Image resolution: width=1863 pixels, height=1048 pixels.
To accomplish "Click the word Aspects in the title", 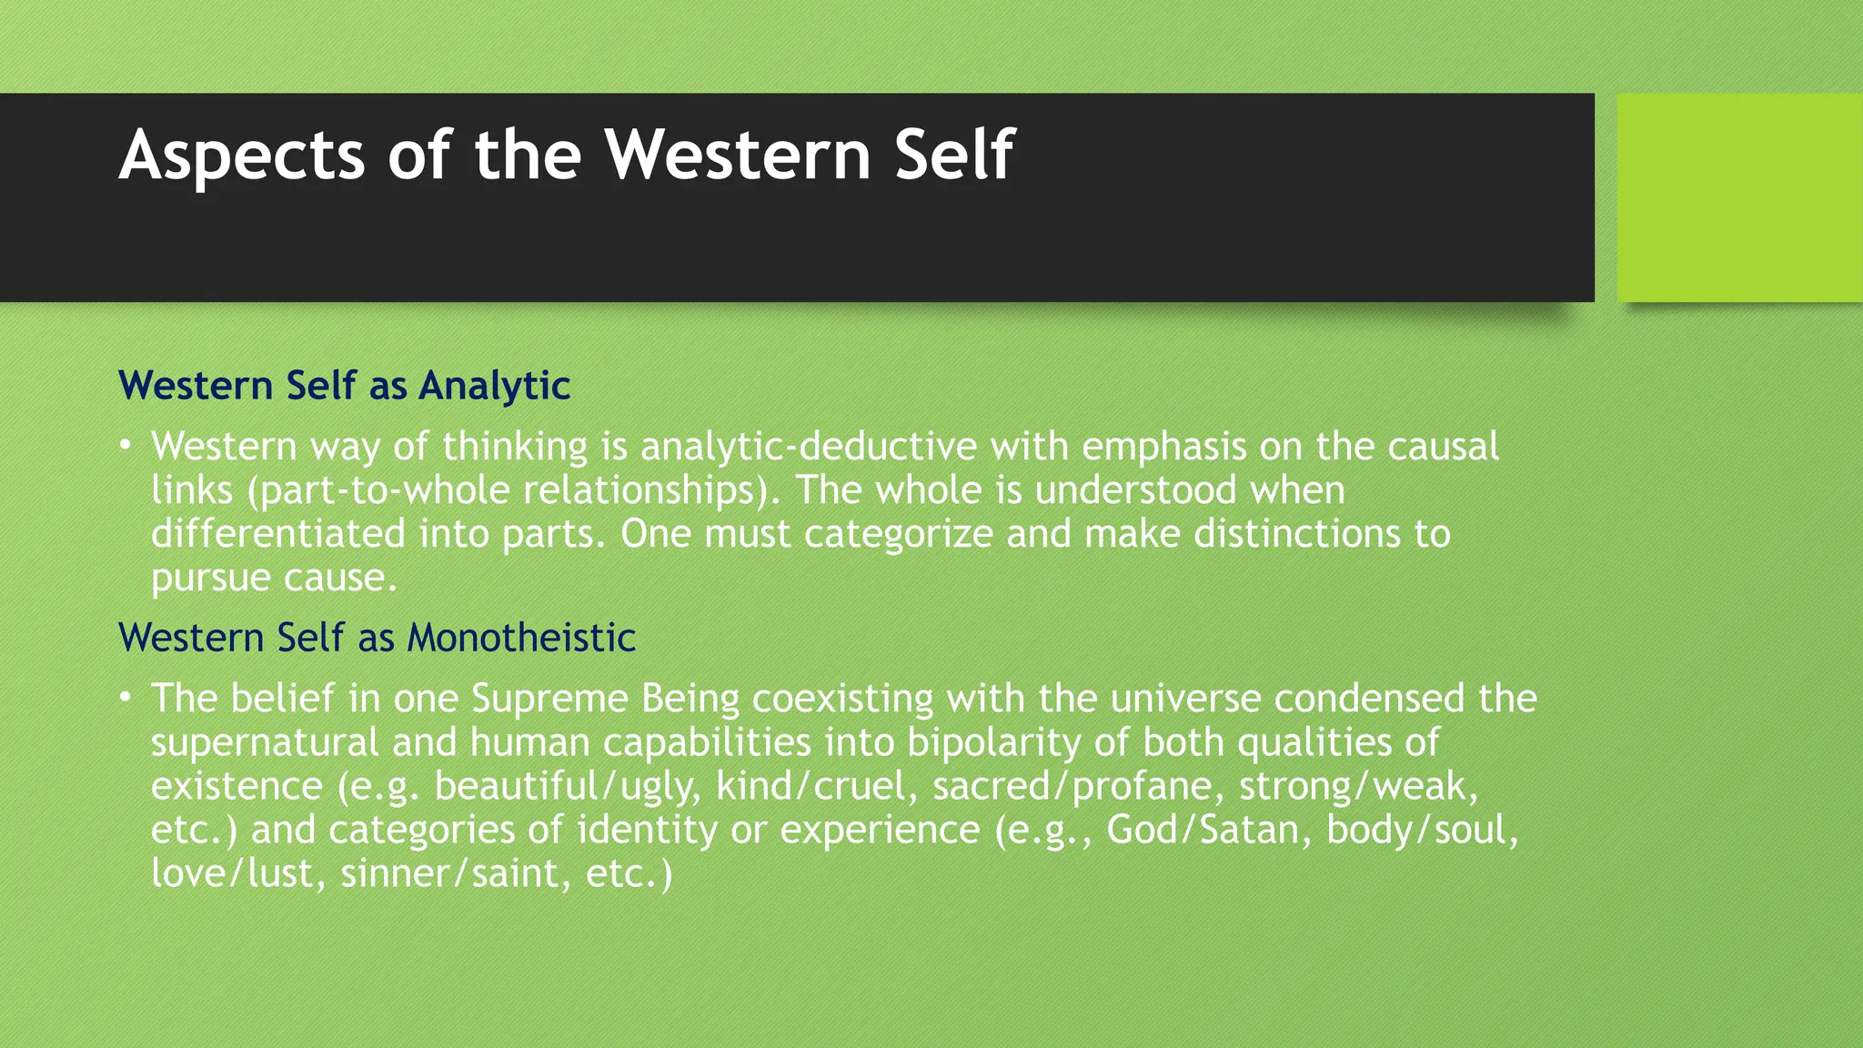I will (242, 156).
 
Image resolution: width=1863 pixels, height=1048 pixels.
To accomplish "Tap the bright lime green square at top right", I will (1739, 197).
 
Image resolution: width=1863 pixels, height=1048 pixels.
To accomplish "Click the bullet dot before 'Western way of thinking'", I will (126, 446).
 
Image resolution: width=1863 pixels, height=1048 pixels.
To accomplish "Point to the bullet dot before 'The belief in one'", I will (126, 698).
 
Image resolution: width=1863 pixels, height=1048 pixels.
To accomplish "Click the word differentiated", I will (277, 534).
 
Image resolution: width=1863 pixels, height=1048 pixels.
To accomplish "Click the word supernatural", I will (264, 742).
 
